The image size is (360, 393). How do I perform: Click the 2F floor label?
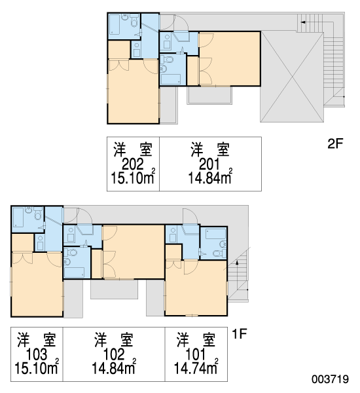[x=335, y=143]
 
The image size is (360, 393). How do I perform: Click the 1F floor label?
[x=240, y=333]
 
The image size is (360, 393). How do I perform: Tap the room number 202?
[x=133, y=164]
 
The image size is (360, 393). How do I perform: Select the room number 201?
[x=209, y=164]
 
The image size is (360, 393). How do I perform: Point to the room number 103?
[x=37, y=354]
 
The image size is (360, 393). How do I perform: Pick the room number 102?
[x=114, y=354]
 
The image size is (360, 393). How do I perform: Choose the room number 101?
[x=196, y=354]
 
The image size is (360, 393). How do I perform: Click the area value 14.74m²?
[x=196, y=367]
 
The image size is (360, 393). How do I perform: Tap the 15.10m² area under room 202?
[x=133, y=178]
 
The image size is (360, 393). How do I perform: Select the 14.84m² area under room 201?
[x=210, y=178]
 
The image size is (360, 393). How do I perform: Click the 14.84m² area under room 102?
[x=114, y=367]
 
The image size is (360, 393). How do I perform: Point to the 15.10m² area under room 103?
[x=37, y=367]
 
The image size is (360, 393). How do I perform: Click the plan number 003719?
[x=330, y=379]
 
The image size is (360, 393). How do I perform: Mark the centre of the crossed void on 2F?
[x=292, y=77]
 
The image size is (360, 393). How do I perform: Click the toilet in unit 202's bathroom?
[x=134, y=23]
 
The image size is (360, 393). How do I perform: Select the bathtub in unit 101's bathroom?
[x=215, y=234]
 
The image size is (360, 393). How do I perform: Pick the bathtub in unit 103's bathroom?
[x=18, y=217]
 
